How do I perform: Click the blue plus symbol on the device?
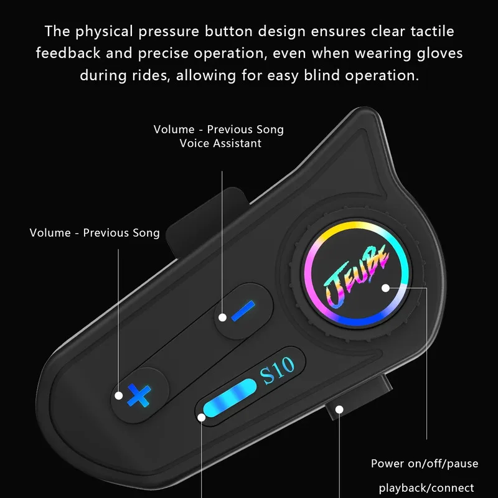[139, 395]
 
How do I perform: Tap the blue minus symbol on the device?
[243, 311]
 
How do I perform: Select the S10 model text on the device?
[277, 370]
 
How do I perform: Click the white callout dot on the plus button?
[118, 395]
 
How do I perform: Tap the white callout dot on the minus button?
[223, 317]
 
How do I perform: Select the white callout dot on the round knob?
[385, 288]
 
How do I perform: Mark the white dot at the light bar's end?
[201, 417]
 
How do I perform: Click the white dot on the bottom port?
[339, 410]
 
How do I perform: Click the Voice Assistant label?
[220, 143]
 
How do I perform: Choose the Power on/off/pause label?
[425, 464]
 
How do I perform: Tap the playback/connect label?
[426, 488]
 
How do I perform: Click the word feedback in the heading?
[68, 53]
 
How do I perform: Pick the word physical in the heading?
[104, 32]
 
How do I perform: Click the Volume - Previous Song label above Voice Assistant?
[218, 129]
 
